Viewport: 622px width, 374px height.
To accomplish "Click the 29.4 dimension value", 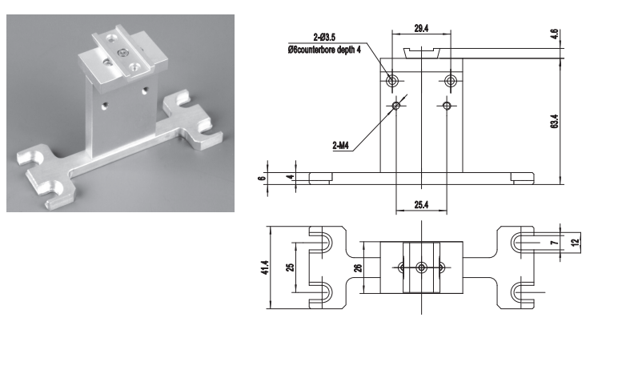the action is [421, 29].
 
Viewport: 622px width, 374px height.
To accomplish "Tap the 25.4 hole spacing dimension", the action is [421, 205].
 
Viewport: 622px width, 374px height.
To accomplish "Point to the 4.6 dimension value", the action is [555, 34].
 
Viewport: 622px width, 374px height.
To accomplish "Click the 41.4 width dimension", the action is [265, 267].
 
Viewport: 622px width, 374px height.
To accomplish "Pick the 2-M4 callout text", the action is [340, 146].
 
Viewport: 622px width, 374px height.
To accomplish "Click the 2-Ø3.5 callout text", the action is [324, 38].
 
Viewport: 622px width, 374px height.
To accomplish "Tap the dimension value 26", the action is [358, 267].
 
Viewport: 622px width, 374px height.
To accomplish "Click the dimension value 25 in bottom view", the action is [291, 267].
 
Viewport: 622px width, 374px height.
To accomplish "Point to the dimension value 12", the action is [576, 241].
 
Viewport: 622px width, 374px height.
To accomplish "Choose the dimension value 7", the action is [555, 242].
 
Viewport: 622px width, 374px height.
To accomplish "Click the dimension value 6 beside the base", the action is [261, 178].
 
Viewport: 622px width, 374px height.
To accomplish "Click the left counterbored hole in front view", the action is [392, 81].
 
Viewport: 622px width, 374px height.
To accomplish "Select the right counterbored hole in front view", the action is [450, 81].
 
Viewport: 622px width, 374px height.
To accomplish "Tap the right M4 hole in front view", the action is [447, 106].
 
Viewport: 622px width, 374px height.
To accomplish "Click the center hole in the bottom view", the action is [421, 267].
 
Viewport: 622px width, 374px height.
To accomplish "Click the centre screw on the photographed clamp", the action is [123, 51].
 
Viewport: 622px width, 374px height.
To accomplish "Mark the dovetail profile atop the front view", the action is [421, 53].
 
